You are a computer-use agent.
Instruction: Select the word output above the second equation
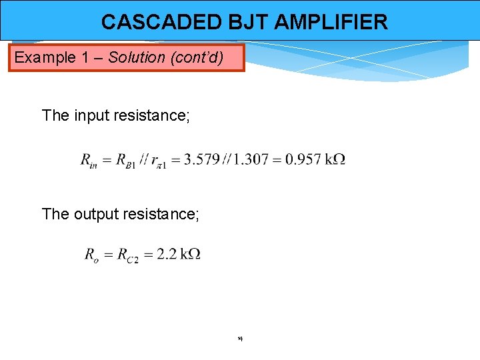pos(96,214)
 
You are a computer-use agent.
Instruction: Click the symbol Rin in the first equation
pos(89,160)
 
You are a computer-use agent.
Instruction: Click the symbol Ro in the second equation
pos(92,255)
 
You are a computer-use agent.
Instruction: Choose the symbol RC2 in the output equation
pos(127,255)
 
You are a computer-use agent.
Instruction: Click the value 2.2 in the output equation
pos(166,254)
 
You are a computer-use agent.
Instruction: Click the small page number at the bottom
pos(239,339)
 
